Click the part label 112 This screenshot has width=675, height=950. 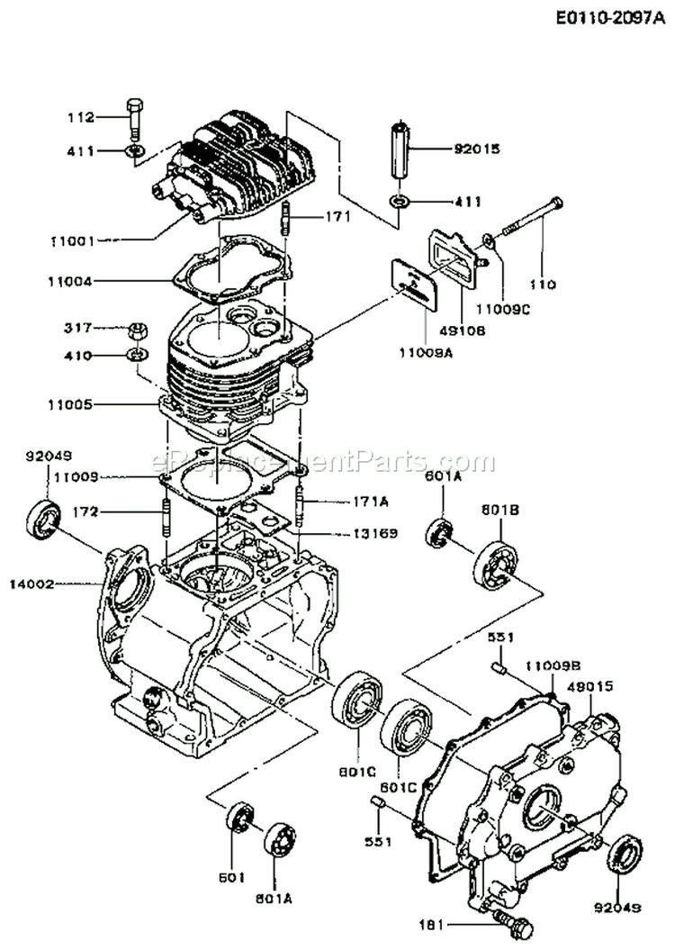82,116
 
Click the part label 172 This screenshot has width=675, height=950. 112,512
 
